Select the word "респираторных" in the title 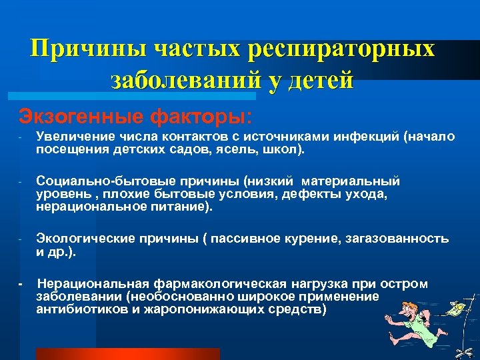click(341, 49)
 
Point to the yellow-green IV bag click(457, 309)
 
